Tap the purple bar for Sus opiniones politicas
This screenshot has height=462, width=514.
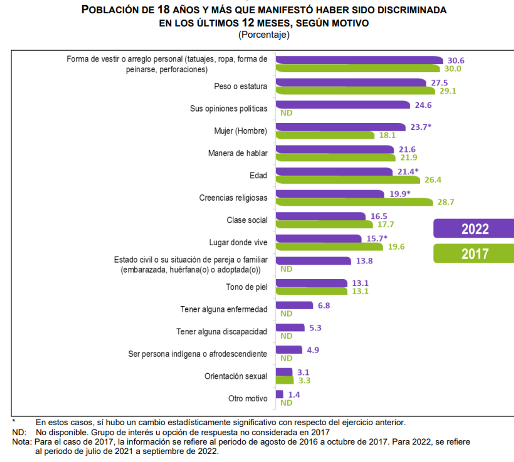[x=343, y=105]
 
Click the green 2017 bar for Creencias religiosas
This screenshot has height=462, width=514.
[x=354, y=202]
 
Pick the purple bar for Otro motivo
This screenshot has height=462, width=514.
[x=279, y=394]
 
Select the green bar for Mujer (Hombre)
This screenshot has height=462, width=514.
[x=325, y=136]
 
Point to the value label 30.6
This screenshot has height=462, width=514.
[x=456, y=61]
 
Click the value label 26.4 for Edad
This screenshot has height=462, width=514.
[x=433, y=180]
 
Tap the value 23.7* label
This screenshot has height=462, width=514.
[x=421, y=127]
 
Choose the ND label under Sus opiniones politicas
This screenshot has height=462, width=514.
[x=286, y=113]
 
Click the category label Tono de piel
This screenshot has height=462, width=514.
[x=247, y=287]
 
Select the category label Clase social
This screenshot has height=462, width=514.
[x=247, y=220]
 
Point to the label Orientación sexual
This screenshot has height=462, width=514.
[x=236, y=376]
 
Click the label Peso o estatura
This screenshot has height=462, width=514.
[x=240, y=86]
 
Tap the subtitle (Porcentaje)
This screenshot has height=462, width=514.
[x=264, y=35]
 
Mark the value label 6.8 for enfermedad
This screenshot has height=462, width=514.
[x=324, y=305]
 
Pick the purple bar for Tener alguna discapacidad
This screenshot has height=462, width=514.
[x=290, y=328]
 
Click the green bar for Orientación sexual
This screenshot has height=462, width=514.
[x=285, y=380]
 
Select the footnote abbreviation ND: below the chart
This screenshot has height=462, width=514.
[x=19, y=432]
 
